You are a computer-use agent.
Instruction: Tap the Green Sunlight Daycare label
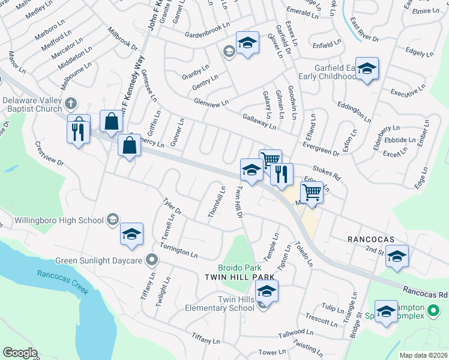(98, 260)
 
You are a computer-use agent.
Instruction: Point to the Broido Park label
(240, 267)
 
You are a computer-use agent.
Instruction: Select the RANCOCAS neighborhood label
(371, 239)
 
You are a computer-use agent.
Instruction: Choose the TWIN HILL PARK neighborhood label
(240, 277)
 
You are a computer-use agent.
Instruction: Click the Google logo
(20, 353)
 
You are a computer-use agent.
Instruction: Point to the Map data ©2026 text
(424, 355)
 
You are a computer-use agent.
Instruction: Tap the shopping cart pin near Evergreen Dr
(271, 160)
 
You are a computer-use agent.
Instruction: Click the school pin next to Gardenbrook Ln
(247, 43)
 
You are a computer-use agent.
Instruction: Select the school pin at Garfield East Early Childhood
(366, 69)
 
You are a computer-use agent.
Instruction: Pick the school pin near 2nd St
(397, 256)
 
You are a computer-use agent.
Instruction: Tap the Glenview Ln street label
(211, 103)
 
